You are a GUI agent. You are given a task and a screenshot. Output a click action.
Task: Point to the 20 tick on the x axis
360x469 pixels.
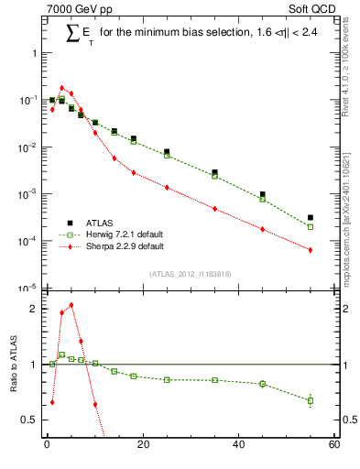click(142, 445)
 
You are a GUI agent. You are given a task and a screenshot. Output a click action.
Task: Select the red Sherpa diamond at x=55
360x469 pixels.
click(311, 250)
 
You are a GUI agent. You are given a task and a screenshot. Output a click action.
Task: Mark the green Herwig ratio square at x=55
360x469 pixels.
click(311, 400)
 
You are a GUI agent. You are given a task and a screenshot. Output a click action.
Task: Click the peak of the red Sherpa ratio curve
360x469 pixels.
click(71, 305)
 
